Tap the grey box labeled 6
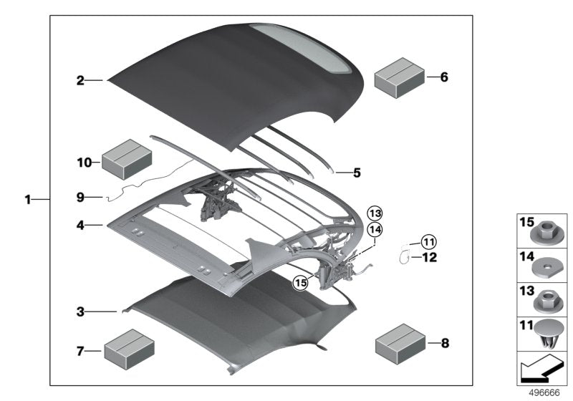pyautogui.click(x=400, y=77)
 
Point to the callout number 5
pyautogui.click(x=357, y=172)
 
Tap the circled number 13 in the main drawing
pyautogui.click(x=375, y=213)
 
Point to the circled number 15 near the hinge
pyautogui.click(x=300, y=282)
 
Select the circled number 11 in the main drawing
pyautogui.click(x=428, y=241)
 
